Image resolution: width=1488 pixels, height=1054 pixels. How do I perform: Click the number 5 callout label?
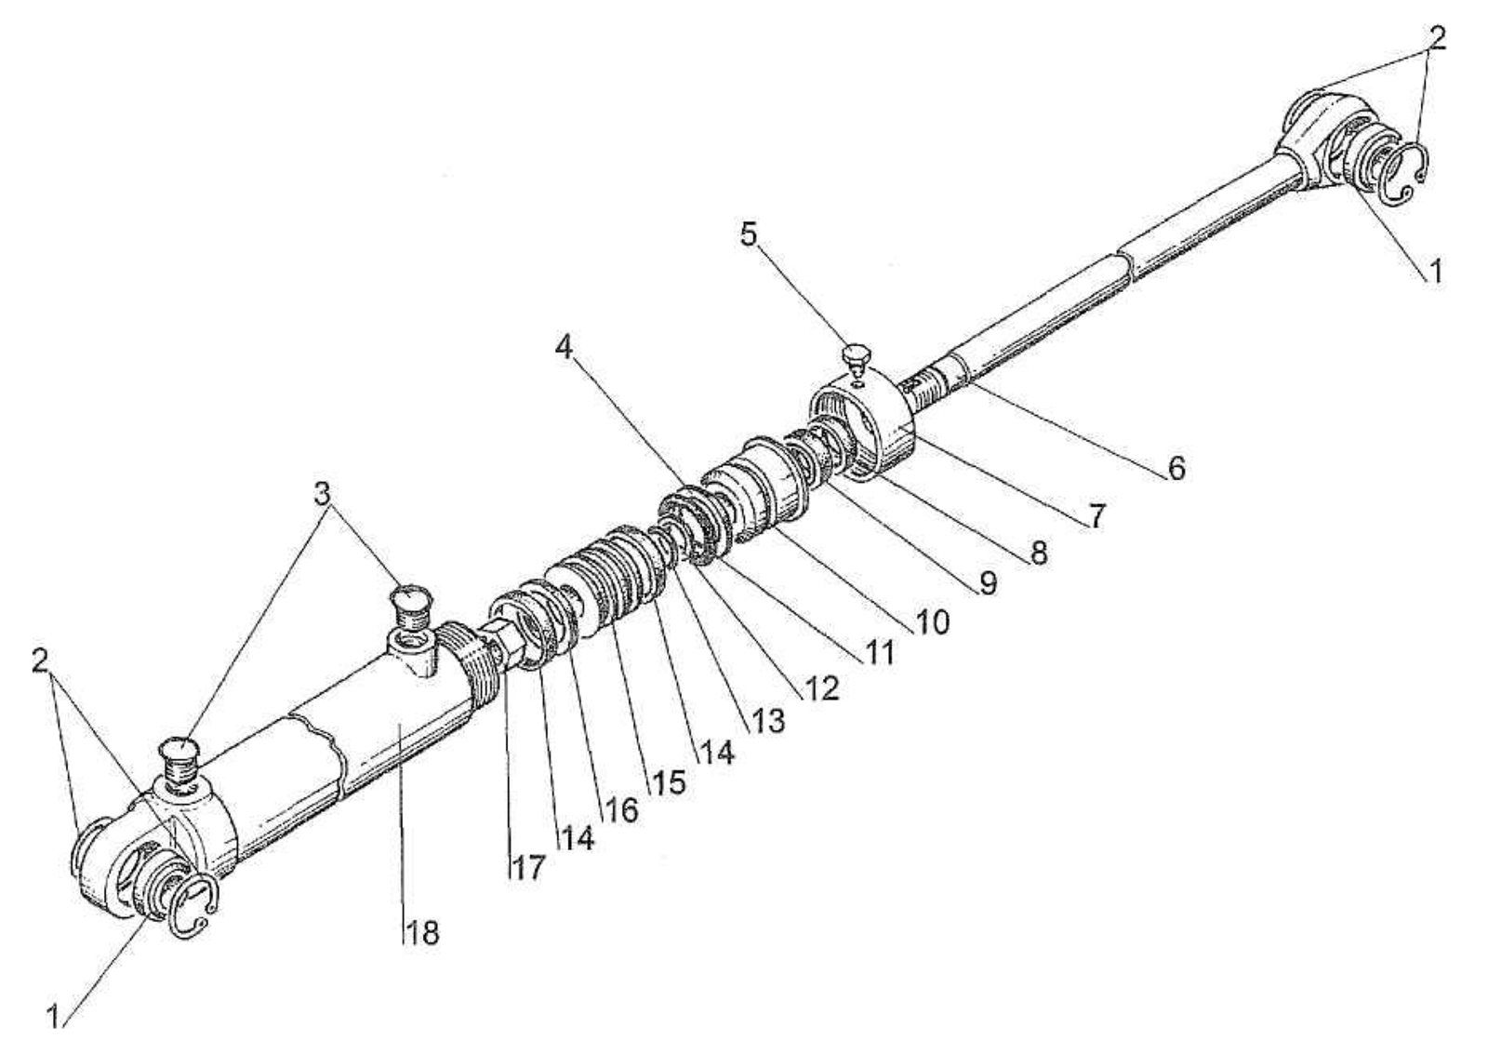tap(749, 234)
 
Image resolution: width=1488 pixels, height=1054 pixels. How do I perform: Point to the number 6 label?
tap(1176, 469)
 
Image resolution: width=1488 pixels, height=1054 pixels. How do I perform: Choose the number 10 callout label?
tap(933, 622)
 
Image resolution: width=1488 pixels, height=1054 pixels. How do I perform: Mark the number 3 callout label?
tap(322, 494)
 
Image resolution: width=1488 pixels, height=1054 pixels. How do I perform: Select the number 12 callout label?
tap(822, 689)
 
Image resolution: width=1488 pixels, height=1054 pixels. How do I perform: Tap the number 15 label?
tap(668, 782)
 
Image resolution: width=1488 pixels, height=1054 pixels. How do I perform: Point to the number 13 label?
tap(768, 721)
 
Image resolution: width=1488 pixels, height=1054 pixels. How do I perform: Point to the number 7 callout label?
tap(1096, 516)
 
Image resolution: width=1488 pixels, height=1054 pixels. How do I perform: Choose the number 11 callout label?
tap(880, 653)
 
